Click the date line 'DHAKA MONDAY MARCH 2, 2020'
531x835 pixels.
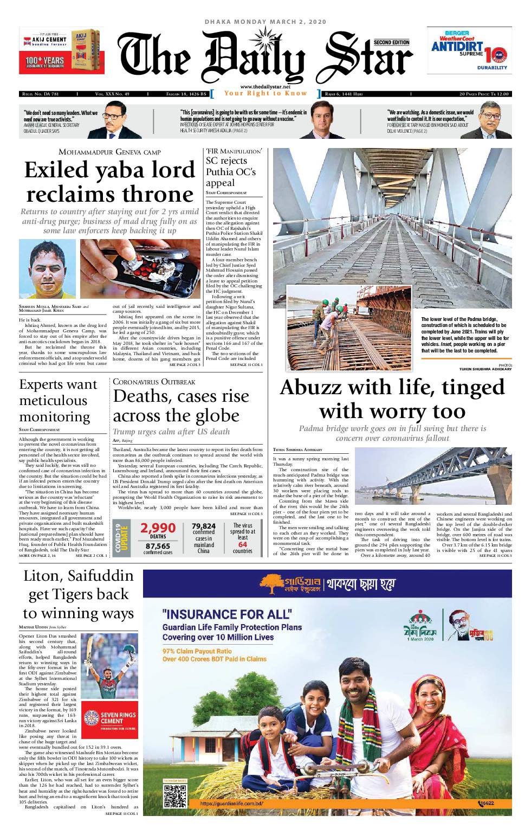[x=265, y=22]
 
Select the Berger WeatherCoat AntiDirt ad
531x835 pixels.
[x=469, y=50]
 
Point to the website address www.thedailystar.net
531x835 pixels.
[x=265, y=87]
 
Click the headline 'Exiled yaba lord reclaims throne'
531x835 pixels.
[x=110, y=182]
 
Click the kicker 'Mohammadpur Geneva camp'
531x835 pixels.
[x=109, y=152]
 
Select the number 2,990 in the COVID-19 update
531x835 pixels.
[x=158, y=528]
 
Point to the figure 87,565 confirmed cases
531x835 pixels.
[x=158, y=546]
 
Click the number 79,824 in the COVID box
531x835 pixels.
[x=204, y=526]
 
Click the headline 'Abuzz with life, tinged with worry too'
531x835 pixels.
[x=392, y=399]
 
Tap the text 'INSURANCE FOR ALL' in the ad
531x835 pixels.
[x=227, y=614]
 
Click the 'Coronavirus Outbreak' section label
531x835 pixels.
[x=154, y=382]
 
